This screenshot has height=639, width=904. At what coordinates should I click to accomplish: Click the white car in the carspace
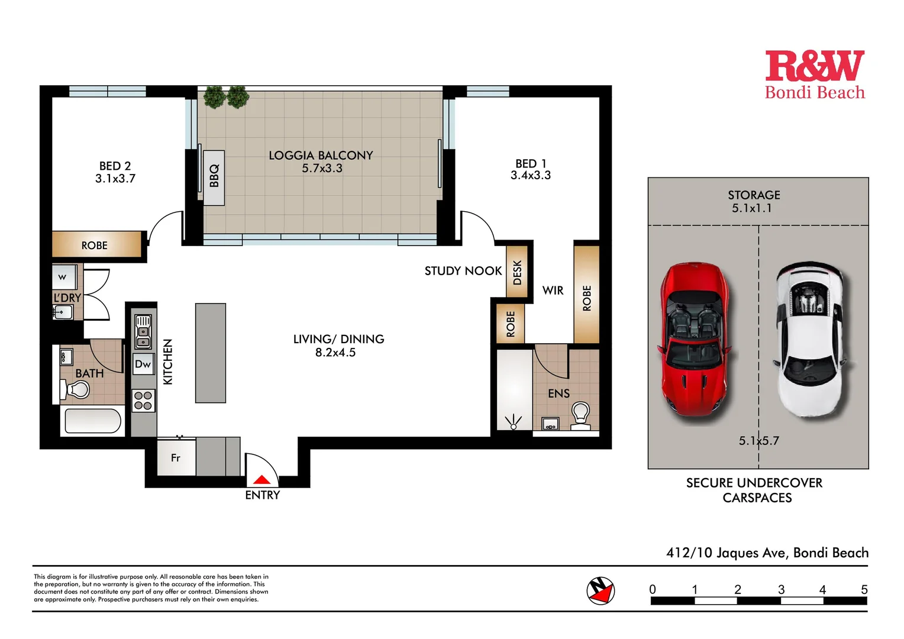[810, 340]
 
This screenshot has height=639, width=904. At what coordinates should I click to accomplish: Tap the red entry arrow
[261, 480]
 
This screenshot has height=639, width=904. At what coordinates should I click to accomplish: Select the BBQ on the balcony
[214, 176]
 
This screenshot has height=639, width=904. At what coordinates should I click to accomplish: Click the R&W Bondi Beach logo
[815, 75]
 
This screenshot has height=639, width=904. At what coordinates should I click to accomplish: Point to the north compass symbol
[600, 590]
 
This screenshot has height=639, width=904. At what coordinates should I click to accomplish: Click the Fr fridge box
[176, 457]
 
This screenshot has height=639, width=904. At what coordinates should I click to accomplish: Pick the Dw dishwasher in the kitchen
[143, 364]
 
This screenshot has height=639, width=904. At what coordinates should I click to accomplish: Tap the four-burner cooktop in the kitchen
[143, 401]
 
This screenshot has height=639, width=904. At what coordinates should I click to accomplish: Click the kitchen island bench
[211, 353]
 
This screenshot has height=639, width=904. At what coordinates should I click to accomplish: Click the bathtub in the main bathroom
[92, 421]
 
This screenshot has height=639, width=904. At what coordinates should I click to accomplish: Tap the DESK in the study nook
[517, 272]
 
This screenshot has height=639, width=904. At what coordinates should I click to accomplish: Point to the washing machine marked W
[63, 277]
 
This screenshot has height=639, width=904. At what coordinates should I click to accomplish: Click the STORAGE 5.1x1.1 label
[753, 201]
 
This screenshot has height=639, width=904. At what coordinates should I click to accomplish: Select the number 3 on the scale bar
[781, 589]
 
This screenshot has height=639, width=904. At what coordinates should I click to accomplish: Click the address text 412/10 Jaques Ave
[767, 553]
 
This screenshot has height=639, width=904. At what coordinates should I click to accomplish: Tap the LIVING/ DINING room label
[338, 346]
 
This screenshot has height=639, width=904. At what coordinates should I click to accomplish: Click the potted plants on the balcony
[226, 97]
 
